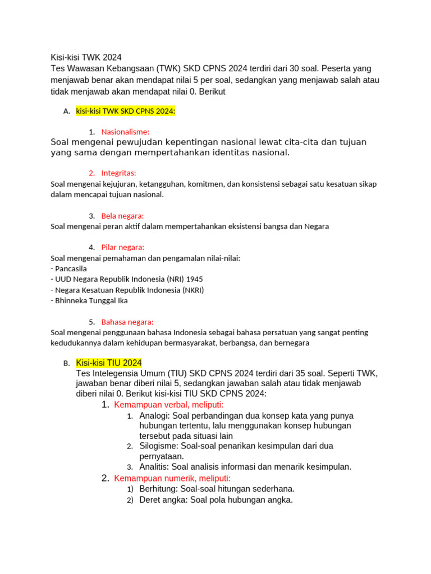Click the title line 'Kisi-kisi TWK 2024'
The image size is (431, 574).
[86, 57]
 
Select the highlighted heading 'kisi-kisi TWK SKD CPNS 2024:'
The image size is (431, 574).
[126, 111]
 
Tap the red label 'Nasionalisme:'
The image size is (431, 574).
[125, 132]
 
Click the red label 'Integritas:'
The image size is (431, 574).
[119, 173]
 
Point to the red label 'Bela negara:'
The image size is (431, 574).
[123, 216]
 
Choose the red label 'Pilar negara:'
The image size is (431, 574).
[123, 247]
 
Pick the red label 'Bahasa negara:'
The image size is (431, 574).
[127, 322]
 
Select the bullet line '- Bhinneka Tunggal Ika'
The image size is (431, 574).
[89, 300]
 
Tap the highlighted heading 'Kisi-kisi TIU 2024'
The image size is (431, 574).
[109, 363]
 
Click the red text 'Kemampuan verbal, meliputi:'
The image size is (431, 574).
[169, 405]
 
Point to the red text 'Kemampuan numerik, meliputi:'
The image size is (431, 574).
[172, 478]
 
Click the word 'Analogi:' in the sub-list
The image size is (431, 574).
[155, 416]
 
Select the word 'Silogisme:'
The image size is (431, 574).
[158, 446]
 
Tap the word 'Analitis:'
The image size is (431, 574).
[154, 467]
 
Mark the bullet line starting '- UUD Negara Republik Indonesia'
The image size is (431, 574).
[127, 279]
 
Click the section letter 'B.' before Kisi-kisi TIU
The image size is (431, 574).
[67, 363]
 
